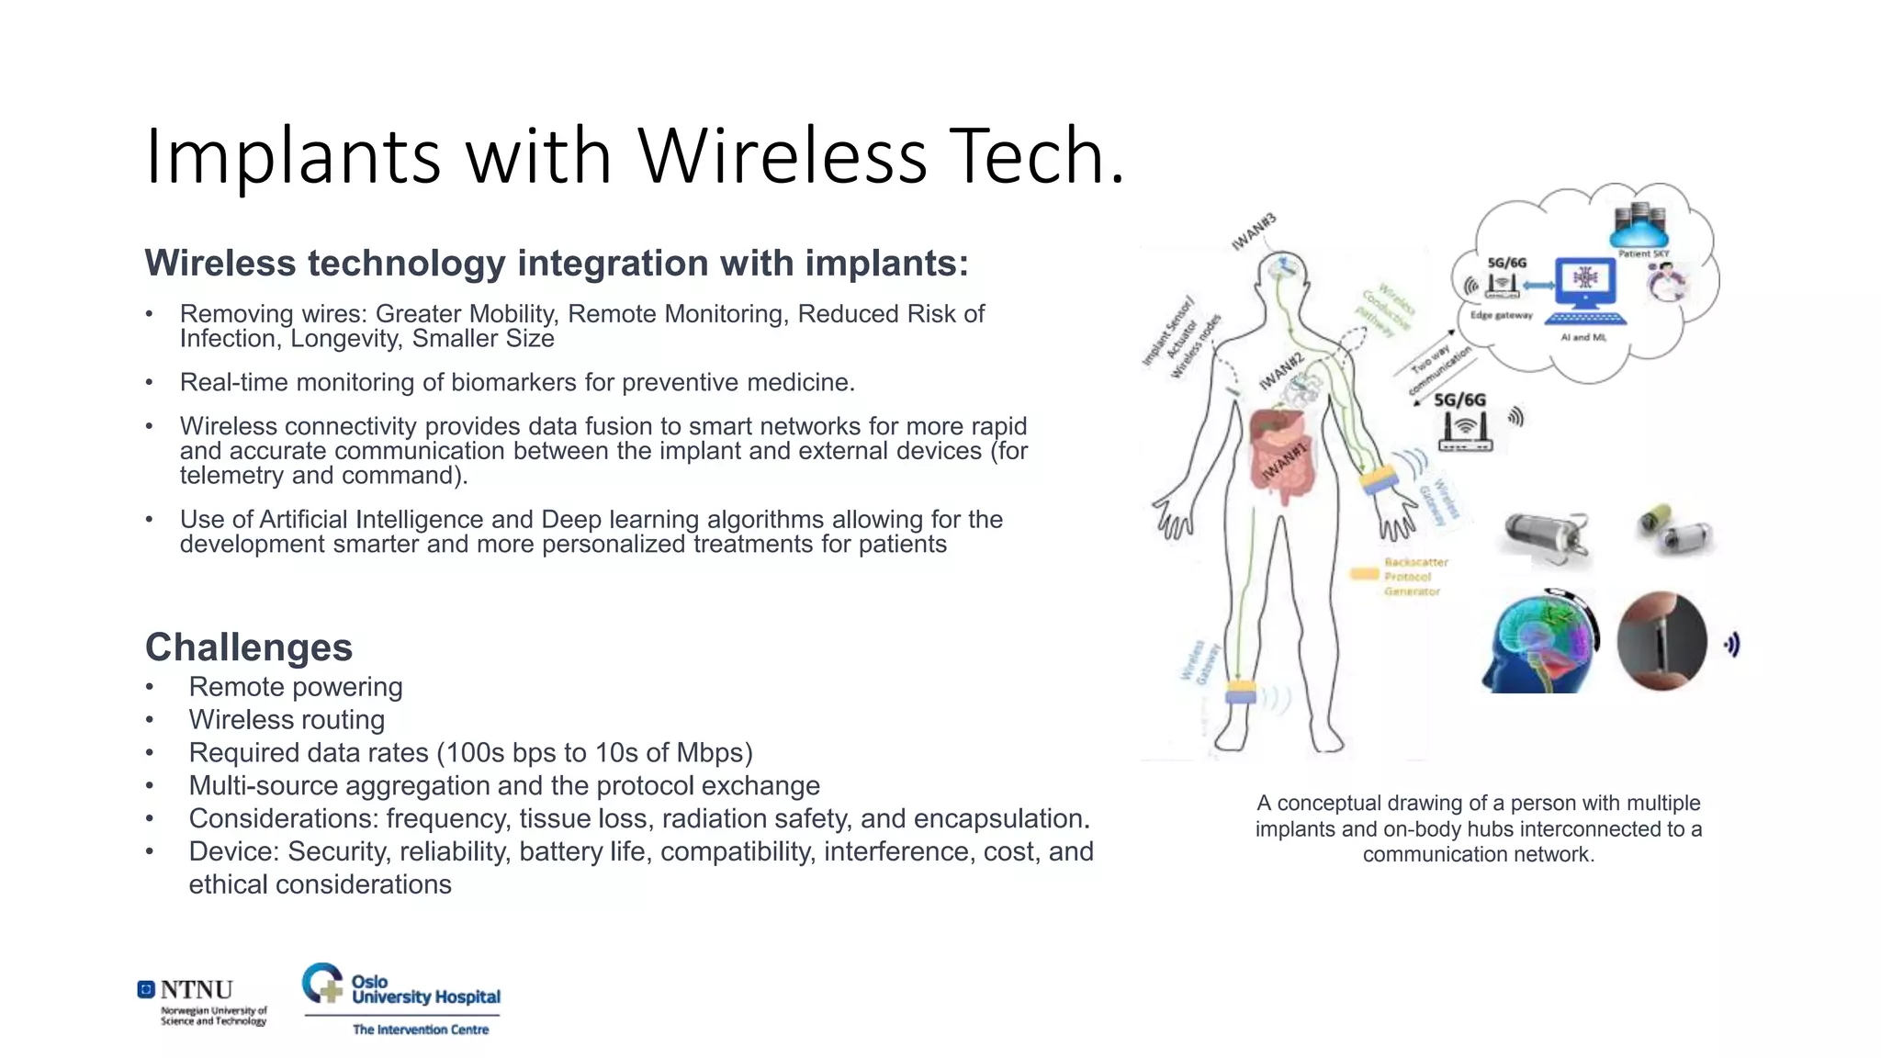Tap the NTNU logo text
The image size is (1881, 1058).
[x=196, y=990]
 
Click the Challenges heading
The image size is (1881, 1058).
[x=248, y=647]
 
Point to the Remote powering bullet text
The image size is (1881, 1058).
[x=295, y=687]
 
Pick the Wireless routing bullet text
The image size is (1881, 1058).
[x=287, y=720]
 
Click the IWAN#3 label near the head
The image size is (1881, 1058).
[x=1254, y=231]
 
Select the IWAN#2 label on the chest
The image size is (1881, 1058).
[x=1280, y=371]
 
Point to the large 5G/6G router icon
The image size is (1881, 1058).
[x=1465, y=430]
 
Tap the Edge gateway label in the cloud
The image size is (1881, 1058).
[x=1501, y=315]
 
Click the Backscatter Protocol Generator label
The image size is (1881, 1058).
[x=1414, y=577]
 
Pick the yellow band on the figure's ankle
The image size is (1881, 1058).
[x=1241, y=692]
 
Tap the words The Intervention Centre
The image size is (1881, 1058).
[x=420, y=1030]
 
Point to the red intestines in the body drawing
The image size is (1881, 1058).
[x=1284, y=464]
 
